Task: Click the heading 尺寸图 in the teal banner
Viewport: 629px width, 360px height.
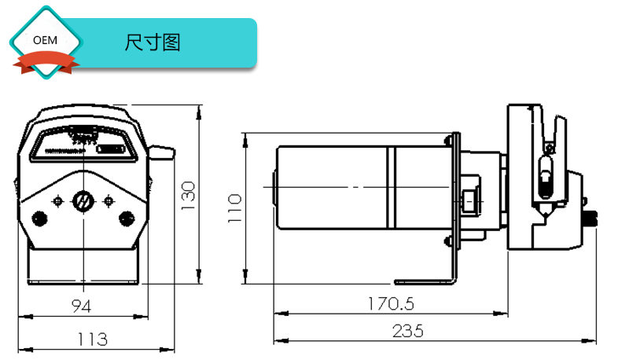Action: click(153, 42)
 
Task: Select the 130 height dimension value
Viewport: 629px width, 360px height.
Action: click(187, 196)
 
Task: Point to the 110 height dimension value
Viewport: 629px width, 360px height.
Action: click(234, 208)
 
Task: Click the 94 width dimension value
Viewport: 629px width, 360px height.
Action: click(81, 305)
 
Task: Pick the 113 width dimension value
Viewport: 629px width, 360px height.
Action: click(92, 339)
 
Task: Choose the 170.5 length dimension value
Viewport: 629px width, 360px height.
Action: click(391, 303)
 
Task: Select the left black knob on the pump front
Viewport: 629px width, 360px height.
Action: click(38, 217)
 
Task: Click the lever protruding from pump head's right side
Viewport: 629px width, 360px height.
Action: click(161, 151)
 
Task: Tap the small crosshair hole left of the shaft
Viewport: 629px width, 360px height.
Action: click(57, 201)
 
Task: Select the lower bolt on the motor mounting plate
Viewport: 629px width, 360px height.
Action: click(448, 241)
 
